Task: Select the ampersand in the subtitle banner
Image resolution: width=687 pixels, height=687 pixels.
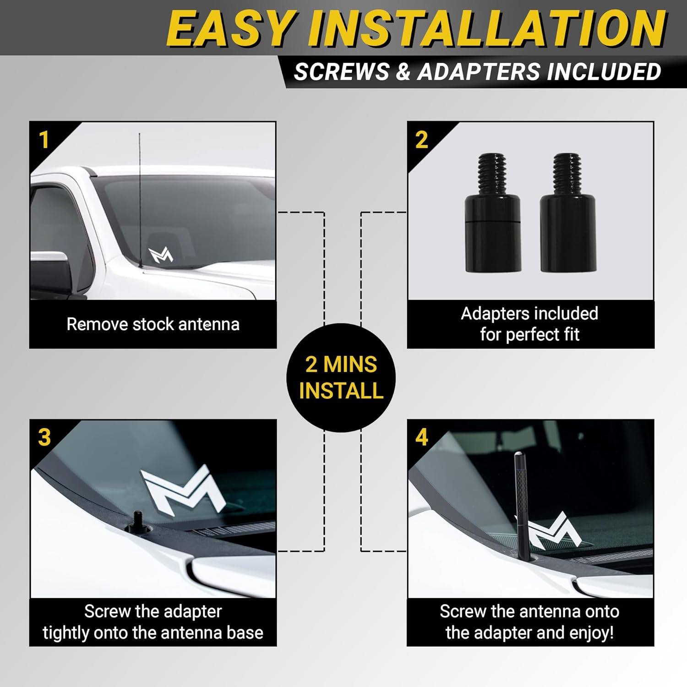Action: click(403, 72)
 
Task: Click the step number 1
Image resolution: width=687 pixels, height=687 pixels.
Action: click(44, 140)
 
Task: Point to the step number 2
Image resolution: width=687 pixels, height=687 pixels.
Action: click(421, 140)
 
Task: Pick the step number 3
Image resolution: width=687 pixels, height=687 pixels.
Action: click(44, 437)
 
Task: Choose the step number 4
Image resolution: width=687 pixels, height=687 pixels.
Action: click(422, 437)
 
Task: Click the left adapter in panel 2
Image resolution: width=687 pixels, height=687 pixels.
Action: click(493, 213)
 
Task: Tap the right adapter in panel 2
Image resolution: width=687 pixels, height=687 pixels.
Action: click(568, 213)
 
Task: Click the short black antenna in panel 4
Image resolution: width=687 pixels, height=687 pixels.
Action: click(523, 506)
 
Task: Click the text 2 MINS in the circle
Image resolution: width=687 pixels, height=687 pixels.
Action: click(341, 365)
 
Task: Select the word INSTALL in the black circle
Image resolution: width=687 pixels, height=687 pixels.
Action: click(341, 391)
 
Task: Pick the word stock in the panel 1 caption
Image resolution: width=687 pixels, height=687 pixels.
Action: click(153, 324)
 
